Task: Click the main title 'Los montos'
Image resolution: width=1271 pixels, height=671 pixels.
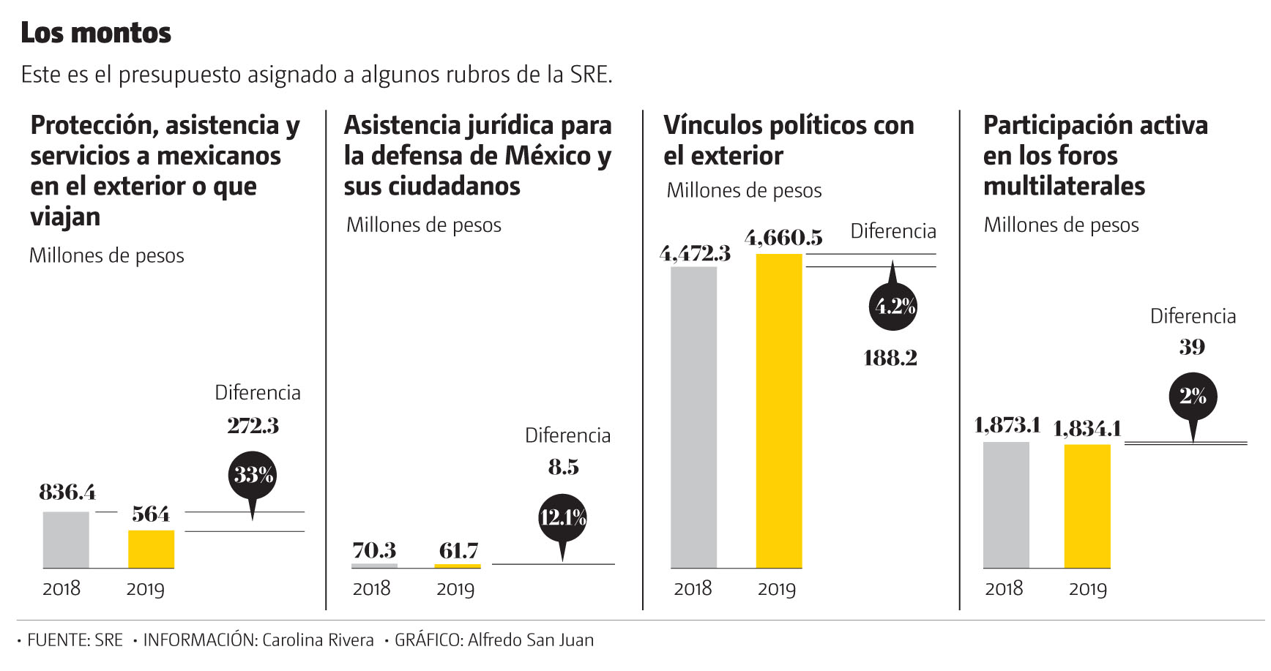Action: (x=96, y=33)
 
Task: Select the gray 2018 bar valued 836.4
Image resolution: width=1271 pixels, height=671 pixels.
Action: (x=66, y=540)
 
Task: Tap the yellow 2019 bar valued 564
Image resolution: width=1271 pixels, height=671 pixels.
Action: (x=151, y=549)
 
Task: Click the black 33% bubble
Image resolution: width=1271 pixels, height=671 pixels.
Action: (x=253, y=476)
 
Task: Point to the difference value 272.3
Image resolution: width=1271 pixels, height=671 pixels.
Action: (x=253, y=425)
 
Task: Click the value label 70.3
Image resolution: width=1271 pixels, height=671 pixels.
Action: (x=374, y=550)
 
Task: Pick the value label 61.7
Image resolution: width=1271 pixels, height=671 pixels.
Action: (x=458, y=550)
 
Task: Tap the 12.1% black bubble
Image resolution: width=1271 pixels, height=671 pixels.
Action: (x=562, y=518)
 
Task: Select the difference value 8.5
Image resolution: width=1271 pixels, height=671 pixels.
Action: (x=563, y=467)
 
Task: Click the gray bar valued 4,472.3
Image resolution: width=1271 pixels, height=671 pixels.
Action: (x=693, y=417)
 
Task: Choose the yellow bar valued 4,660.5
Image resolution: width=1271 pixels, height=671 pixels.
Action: (x=779, y=411)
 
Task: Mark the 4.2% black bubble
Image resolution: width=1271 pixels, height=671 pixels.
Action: (x=893, y=307)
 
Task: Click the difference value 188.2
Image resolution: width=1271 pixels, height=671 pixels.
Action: (x=890, y=358)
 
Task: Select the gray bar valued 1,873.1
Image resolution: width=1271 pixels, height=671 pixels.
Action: (x=1006, y=505)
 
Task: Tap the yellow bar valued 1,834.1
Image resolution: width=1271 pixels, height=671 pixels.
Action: (x=1087, y=506)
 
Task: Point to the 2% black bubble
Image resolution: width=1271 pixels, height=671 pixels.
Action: (x=1193, y=397)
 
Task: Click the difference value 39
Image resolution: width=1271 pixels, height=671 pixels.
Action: (x=1192, y=347)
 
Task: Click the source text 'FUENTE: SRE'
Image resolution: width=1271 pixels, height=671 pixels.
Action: (x=75, y=640)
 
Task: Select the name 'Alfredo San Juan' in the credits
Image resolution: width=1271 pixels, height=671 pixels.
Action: (x=531, y=640)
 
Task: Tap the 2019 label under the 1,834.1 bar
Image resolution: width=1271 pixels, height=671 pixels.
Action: (x=1087, y=589)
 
